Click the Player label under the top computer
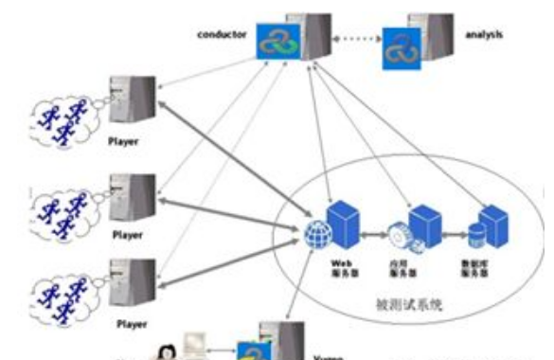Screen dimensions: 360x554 (x=124, y=142)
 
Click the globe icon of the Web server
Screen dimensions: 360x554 (x=316, y=230)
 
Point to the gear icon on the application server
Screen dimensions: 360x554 (x=400, y=231)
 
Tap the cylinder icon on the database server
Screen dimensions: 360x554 (x=477, y=231)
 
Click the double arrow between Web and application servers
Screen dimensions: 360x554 (x=370, y=230)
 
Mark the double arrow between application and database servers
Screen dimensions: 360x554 (x=453, y=230)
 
